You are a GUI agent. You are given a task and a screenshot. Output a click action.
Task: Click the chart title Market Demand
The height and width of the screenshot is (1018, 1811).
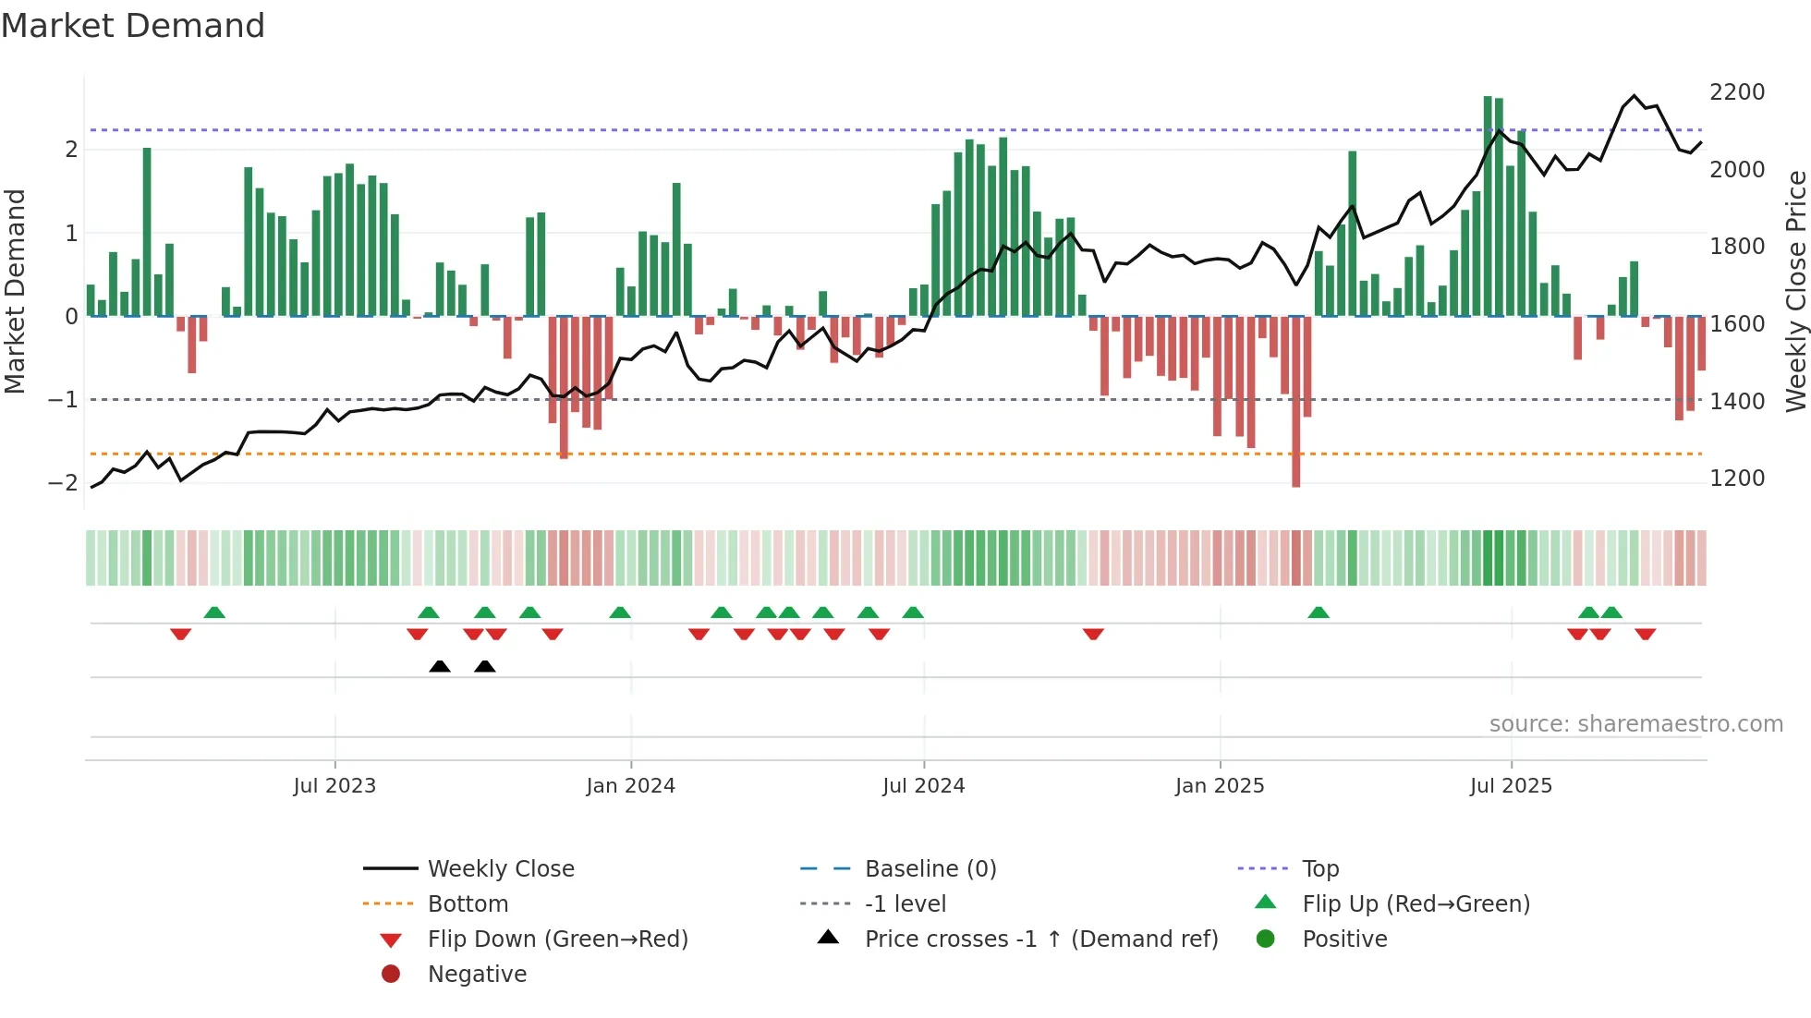[133, 26]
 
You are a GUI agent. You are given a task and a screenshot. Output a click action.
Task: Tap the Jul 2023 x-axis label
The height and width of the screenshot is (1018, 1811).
[334, 786]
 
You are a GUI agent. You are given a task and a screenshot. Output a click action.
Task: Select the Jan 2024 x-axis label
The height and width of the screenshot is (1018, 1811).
[630, 786]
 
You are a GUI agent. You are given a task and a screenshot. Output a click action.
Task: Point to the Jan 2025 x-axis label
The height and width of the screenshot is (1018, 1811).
[1219, 786]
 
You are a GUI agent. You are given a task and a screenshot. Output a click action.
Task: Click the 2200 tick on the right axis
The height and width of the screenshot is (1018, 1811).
[1736, 92]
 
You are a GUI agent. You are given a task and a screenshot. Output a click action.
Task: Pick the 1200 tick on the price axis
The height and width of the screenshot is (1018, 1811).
[1736, 479]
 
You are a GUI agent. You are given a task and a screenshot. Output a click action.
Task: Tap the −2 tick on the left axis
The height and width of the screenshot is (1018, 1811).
[63, 483]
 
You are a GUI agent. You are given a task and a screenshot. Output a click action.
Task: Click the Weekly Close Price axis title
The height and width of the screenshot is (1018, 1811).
[1795, 291]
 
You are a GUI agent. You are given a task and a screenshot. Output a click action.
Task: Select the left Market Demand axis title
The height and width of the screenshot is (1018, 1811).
[15, 291]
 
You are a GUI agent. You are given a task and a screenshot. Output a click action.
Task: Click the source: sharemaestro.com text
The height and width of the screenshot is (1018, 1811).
[1635, 724]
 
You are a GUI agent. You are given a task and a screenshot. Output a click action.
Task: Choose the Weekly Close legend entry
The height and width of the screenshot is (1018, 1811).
[500, 869]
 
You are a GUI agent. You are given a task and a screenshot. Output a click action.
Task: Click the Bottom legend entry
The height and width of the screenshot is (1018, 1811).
[468, 904]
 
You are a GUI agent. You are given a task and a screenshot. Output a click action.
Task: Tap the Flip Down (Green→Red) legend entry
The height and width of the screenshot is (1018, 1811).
[557, 939]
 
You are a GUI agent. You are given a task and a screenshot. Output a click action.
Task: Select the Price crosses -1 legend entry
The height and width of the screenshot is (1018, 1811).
[1040, 939]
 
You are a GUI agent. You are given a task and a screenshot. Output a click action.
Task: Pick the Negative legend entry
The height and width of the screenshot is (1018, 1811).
[477, 975]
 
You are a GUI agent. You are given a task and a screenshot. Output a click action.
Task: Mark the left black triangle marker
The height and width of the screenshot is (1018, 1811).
[440, 666]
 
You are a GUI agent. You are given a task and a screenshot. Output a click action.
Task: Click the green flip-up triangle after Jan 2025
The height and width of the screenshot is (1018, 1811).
[1319, 612]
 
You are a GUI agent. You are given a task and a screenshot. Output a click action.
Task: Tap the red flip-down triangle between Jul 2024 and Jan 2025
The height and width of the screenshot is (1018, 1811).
[1093, 634]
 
